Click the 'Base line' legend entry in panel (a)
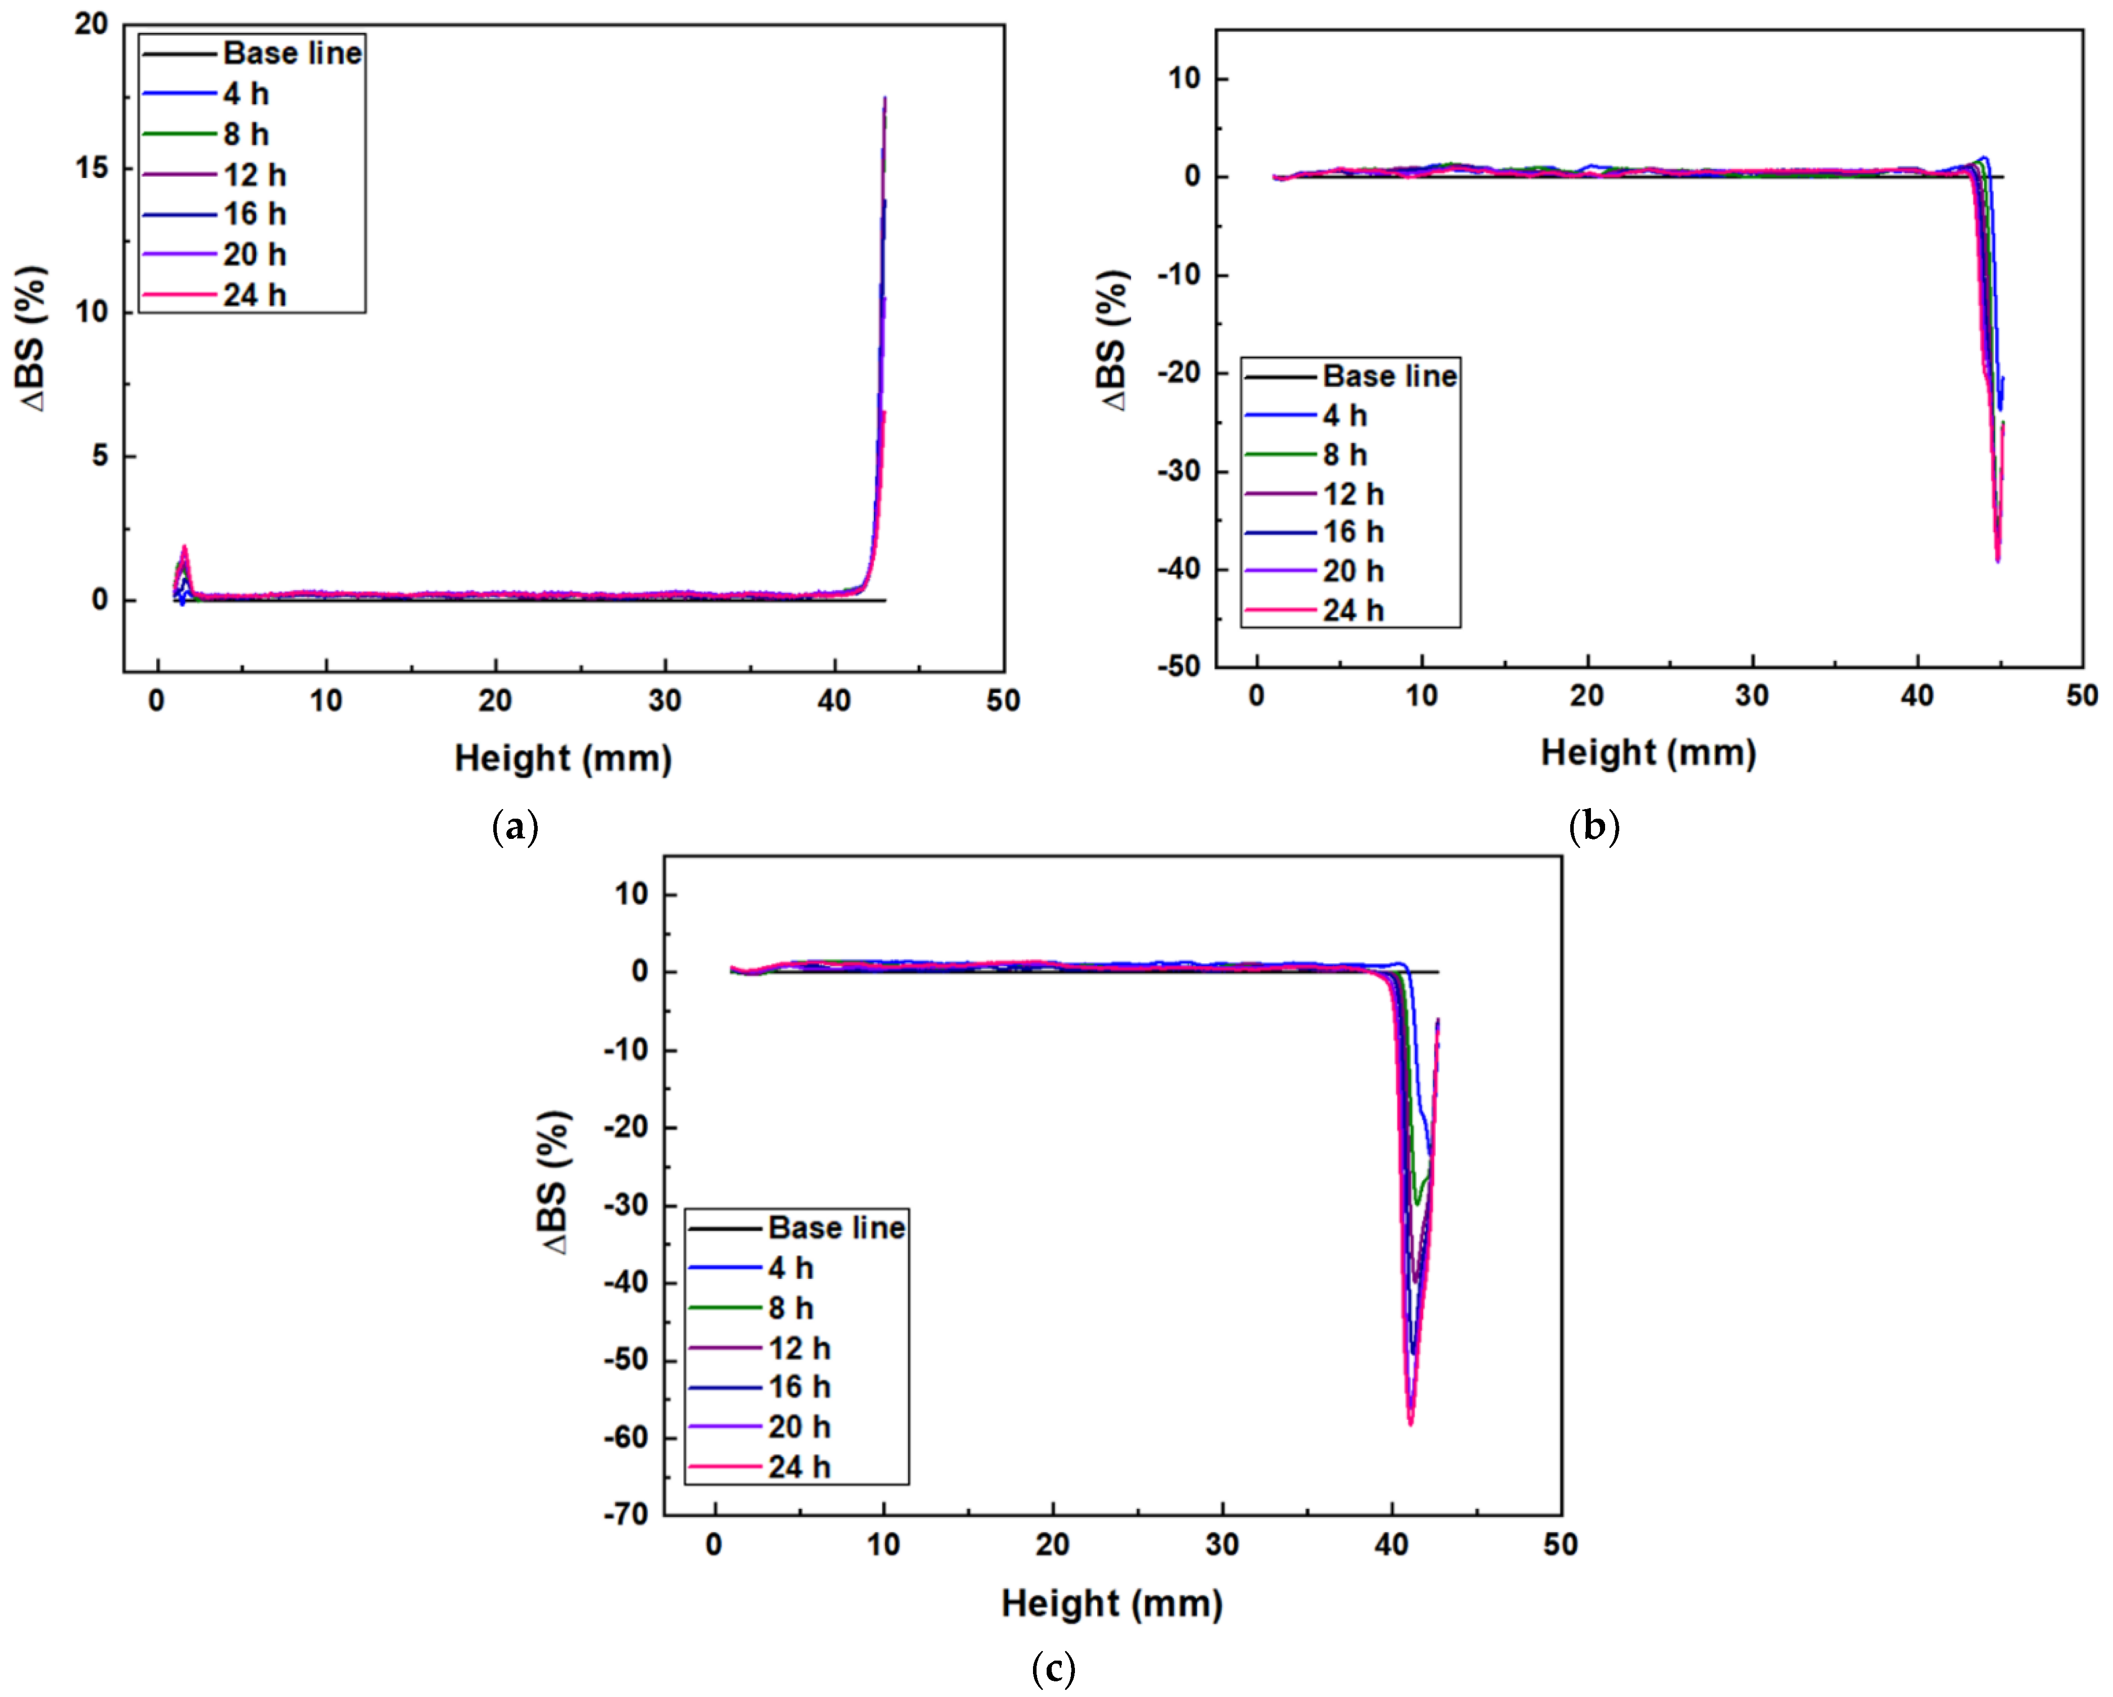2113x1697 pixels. (x=292, y=53)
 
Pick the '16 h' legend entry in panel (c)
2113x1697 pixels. (x=799, y=1387)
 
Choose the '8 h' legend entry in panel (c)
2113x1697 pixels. (x=790, y=1308)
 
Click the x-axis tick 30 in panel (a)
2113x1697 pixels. (x=665, y=701)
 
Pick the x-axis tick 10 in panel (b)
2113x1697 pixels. (x=1421, y=696)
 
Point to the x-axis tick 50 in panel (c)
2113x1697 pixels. (x=1560, y=1545)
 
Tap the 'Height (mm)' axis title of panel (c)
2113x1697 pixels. (x=1111, y=1604)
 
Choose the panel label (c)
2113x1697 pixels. (x=1054, y=1668)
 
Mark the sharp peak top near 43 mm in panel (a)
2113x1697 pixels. (x=885, y=98)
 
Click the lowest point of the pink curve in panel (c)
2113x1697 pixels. (x=1411, y=1423)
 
